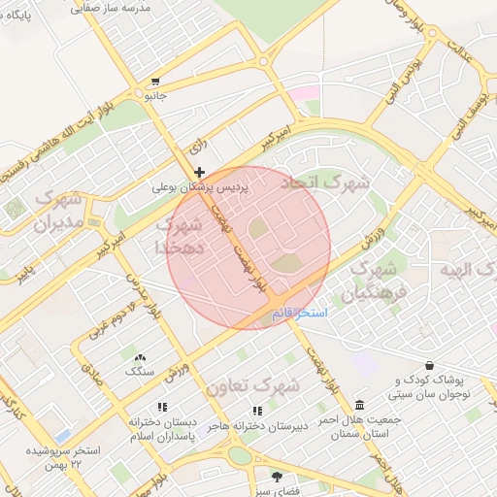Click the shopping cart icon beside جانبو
[155, 82]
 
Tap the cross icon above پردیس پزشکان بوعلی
[200, 172]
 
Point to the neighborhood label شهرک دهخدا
[179, 236]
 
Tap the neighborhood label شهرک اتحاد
[325, 182]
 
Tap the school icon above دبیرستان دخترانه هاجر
[257, 410]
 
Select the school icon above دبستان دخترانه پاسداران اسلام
[162, 408]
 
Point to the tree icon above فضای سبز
[277, 477]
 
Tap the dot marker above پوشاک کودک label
[399, 367]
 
